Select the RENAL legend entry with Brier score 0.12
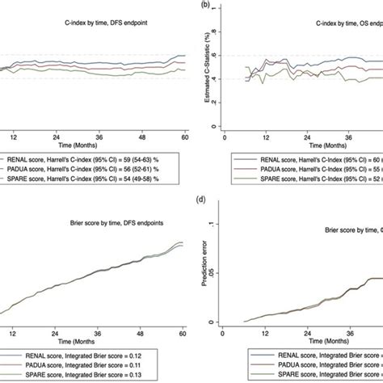[87, 353]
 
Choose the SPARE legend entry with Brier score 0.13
[87, 377]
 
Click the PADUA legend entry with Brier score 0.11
[87, 365]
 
